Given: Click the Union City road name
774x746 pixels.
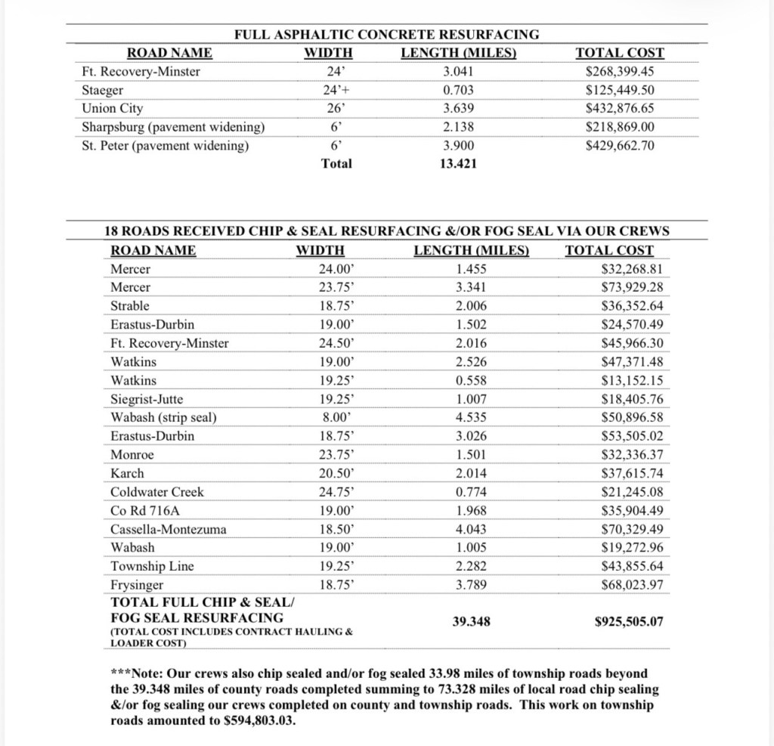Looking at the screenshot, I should tap(112, 108).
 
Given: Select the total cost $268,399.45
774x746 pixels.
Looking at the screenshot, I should tap(620, 72).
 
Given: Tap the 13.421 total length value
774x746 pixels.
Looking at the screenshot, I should tap(458, 163).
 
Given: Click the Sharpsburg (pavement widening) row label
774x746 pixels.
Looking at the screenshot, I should tap(172, 126).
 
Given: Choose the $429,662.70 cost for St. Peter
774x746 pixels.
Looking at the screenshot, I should tap(620, 145).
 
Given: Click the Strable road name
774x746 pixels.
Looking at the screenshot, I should tap(130, 306).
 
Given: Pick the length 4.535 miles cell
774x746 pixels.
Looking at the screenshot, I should tap(471, 417).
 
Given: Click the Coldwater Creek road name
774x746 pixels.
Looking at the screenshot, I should tap(157, 492).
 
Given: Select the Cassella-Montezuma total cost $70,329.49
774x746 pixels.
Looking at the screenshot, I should tap(631, 529).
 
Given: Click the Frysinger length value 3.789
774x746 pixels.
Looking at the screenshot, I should tap(471, 584).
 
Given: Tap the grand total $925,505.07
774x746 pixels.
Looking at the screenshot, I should tap(629, 622).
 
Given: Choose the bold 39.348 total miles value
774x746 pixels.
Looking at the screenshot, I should tap(471, 622).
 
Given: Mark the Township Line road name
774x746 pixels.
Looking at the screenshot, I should tap(152, 566).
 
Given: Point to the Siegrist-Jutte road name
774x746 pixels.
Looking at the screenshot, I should tap(147, 399).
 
